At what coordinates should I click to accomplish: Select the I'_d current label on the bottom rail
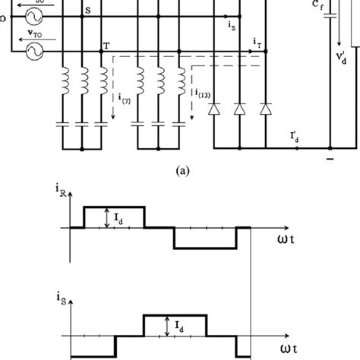tap(292, 137)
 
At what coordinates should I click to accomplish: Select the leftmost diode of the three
tap(214, 110)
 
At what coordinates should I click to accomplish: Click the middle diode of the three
tap(240, 110)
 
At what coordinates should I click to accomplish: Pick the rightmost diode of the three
tap(265, 110)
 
